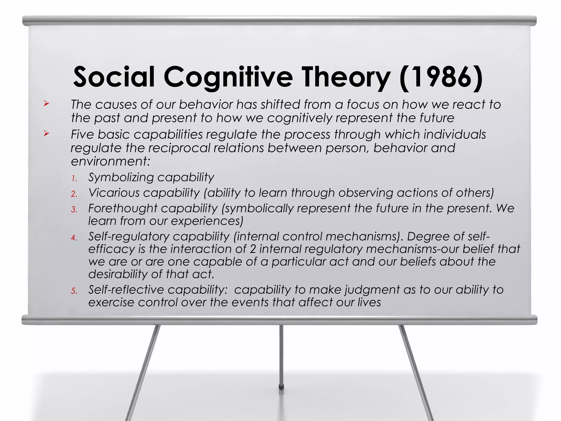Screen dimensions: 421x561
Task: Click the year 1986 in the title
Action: point(441,77)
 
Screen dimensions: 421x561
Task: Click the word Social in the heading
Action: point(114,77)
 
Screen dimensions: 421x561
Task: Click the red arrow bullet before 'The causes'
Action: point(46,104)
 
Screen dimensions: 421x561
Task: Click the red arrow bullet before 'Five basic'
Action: point(46,133)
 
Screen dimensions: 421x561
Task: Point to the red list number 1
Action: point(74,179)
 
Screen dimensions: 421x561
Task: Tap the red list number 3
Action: point(74,210)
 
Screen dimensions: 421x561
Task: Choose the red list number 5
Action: point(74,291)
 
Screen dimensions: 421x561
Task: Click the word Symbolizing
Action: point(121,178)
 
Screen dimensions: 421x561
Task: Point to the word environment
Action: point(110,161)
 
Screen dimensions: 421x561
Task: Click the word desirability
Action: point(118,274)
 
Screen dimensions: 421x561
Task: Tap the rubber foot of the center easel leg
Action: point(281,387)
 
